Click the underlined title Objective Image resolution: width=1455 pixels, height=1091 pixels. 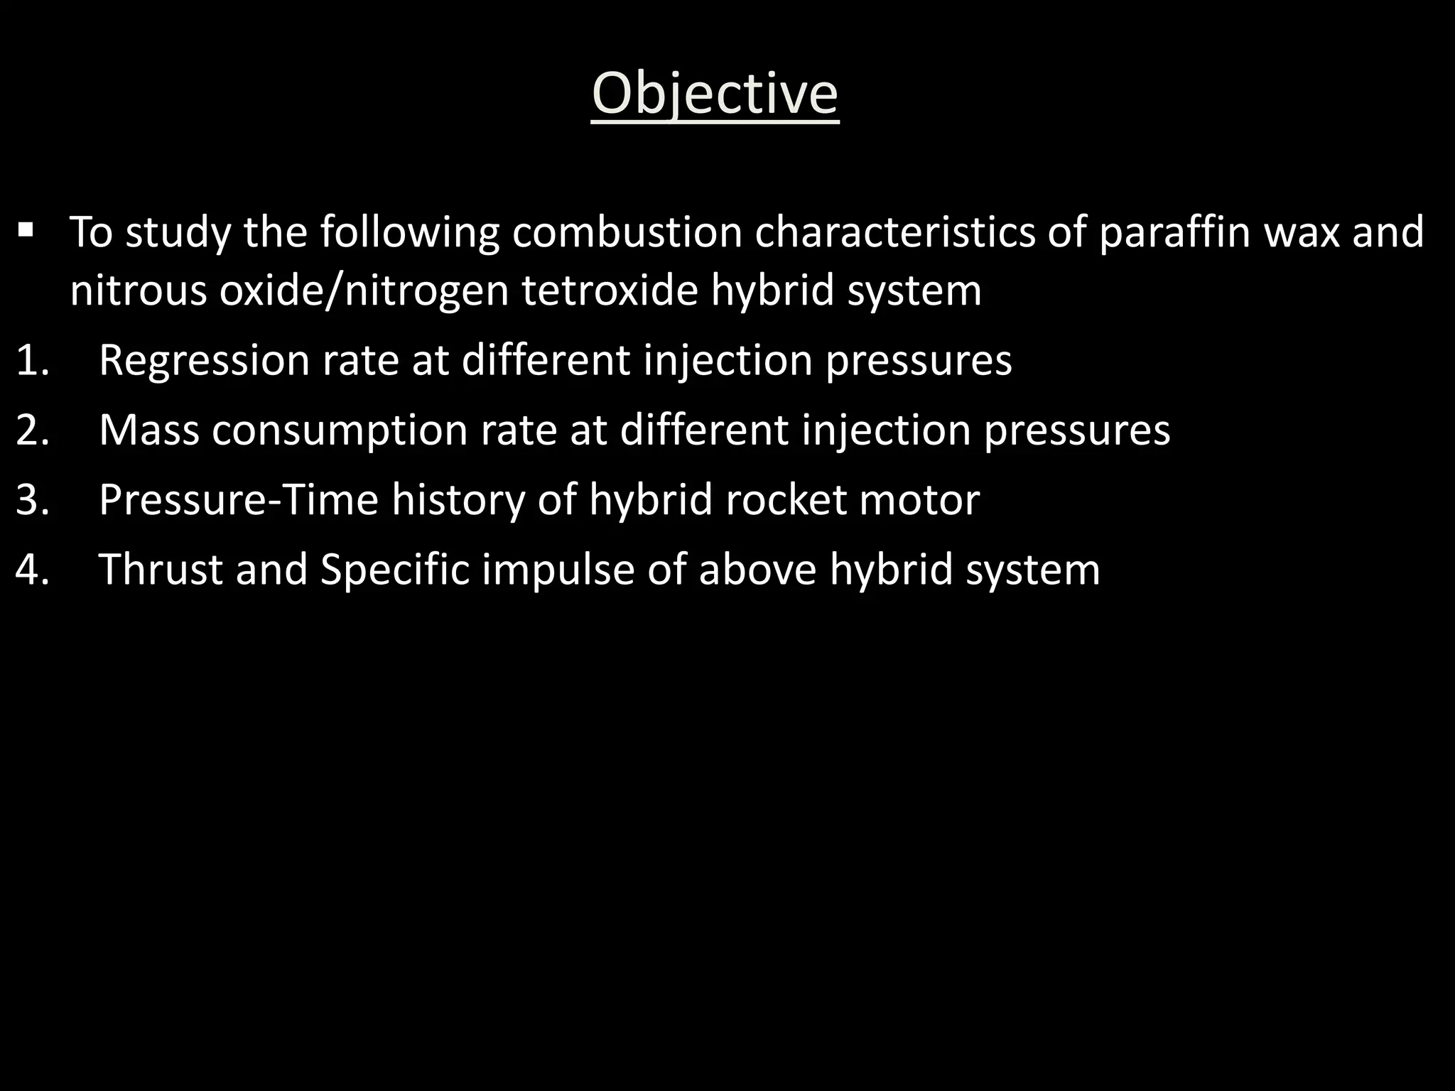coord(715,94)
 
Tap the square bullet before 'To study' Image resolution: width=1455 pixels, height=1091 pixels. coord(26,230)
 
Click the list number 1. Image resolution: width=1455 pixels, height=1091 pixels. coord(33,360)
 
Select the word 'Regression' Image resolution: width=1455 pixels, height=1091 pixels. coord(204,360)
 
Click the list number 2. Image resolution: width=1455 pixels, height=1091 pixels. coord(33,430)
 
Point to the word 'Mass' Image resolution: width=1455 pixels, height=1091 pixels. coord(149,430)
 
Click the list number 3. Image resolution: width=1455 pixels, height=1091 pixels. coord(33,499)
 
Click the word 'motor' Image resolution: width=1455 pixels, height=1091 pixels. coord(919,499)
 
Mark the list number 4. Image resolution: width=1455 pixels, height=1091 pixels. coord(33,570)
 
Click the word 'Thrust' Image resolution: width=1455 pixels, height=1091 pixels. coord(161,570)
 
